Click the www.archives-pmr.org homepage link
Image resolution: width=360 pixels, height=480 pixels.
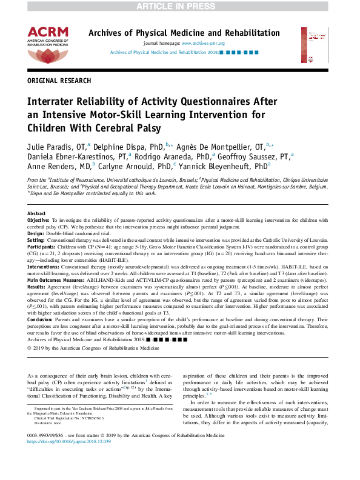(x=203, y=44)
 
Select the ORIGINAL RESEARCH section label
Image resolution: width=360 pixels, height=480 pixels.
(x=59, y=80)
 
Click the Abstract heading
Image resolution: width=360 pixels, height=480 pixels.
(x=37, y=214)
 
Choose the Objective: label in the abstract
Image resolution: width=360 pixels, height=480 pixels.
(x=39, y=219)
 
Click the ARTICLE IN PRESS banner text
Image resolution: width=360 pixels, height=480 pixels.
(x=179, y=5)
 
